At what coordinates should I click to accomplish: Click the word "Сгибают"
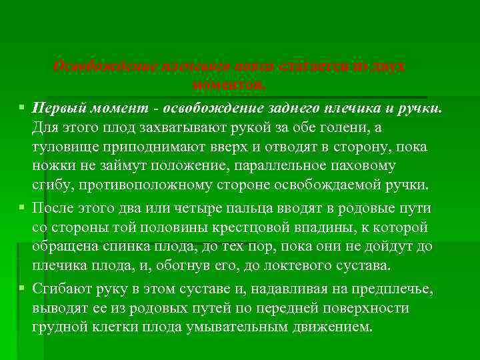click(x=59, y=289)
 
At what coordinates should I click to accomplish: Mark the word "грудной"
click(x=57, y=327)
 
